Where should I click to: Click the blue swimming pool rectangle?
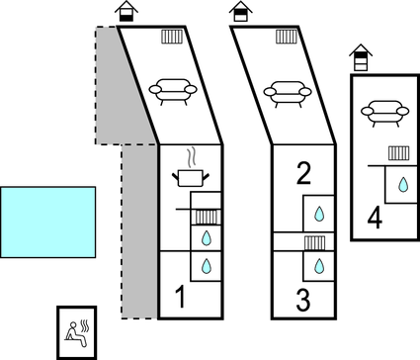(x=48, y=223)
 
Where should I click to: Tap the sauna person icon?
(x=77, y=333)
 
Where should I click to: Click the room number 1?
(x=180, y=297)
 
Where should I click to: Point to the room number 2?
(x=303, y=173)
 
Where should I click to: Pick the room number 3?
(x=303, y=300)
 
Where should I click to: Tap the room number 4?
(x=375, y=219)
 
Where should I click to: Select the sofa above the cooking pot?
(x=173, y=92)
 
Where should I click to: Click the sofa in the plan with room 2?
(x=288, y=94)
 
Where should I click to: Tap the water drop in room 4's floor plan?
(x=403, y=185)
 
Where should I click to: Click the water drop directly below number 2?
(x=319, y=214)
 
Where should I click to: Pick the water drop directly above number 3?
(x=319, y=266)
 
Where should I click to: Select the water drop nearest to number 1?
(x=207, y=266)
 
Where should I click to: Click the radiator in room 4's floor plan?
(x=398, y=153)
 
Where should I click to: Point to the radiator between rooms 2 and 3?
(x=314, y=243)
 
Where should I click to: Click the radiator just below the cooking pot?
(x=207, y=217)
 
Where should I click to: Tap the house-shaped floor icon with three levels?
(x=361, y=57)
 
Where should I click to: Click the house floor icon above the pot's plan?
(x=126, y=11)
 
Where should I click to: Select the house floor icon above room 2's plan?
(x=241, y=11)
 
